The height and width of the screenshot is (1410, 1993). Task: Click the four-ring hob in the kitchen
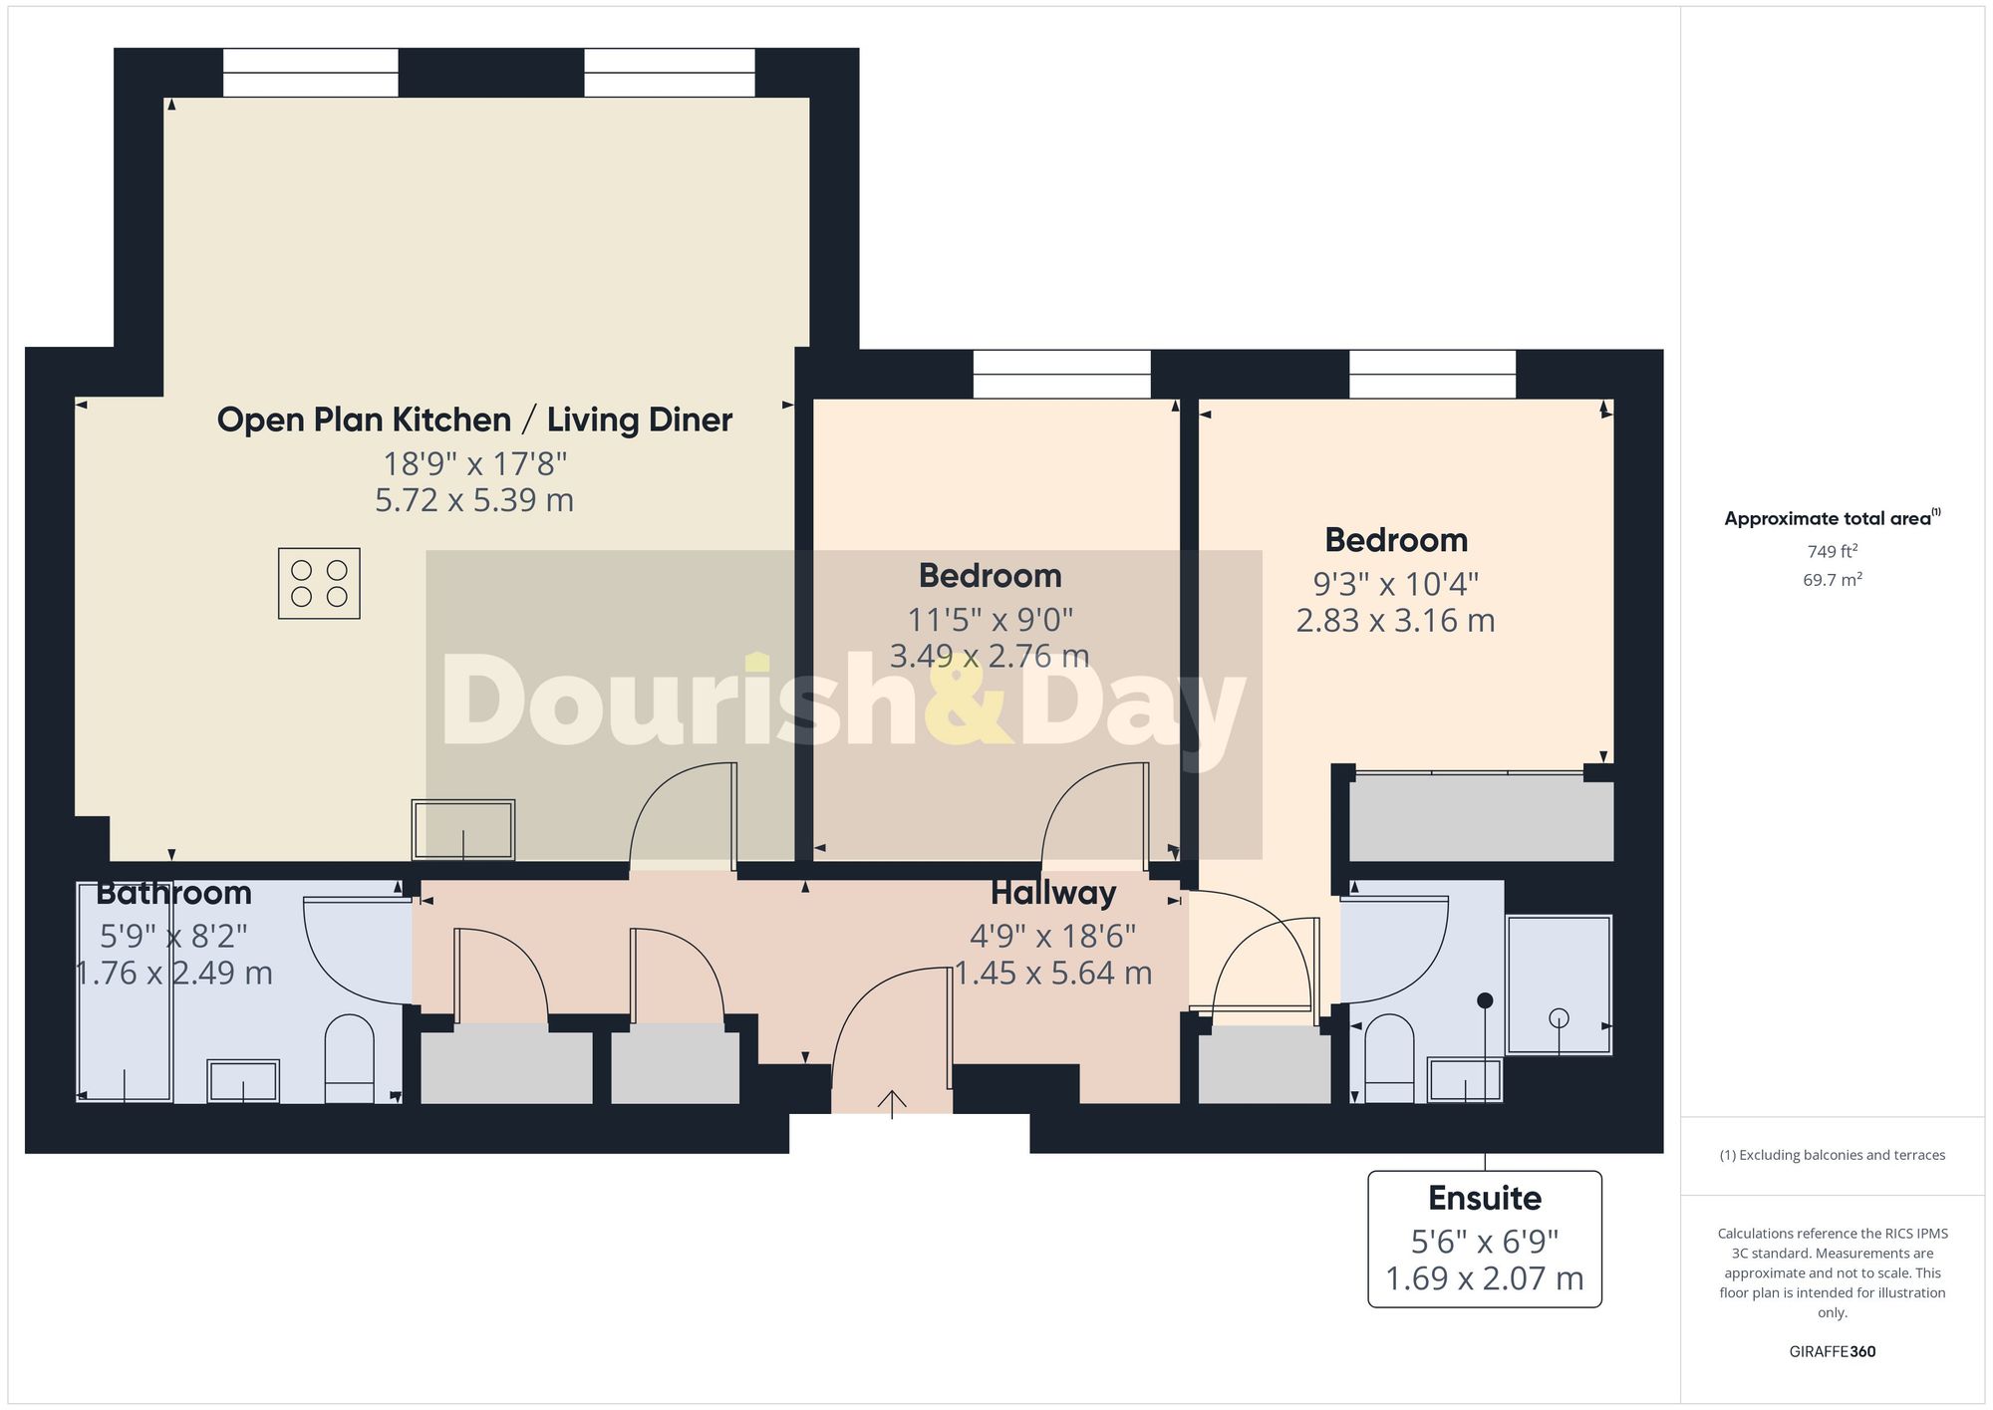(319, 584)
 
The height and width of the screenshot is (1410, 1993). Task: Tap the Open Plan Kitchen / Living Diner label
(474, 420)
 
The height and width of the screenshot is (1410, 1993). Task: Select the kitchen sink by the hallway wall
(463, 829)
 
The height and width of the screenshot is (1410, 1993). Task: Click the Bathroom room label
(173, 893)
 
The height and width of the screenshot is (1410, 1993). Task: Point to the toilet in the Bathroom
(349, 1058)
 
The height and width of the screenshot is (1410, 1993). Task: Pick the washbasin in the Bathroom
(243, 1081)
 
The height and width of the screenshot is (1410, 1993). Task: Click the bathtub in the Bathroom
(125, 991)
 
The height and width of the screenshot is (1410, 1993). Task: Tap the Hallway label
(1052, 893)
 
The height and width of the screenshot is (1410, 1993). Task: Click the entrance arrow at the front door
(891, 1103)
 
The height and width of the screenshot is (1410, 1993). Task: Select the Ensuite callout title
(1484, 1198)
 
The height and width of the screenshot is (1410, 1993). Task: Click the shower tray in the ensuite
(1559, 985)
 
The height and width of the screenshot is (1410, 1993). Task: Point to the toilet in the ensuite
(1388, 1058)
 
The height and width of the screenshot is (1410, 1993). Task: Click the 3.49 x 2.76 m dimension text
(989, 656)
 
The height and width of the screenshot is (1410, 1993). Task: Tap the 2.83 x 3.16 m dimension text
(1395, 620)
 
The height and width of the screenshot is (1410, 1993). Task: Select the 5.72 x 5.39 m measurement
(474, 499)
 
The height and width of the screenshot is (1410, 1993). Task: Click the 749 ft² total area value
(1832, 551)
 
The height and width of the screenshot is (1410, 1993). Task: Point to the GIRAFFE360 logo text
(1832, 1351)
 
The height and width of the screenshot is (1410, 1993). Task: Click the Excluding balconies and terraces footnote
(1832, 1155)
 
